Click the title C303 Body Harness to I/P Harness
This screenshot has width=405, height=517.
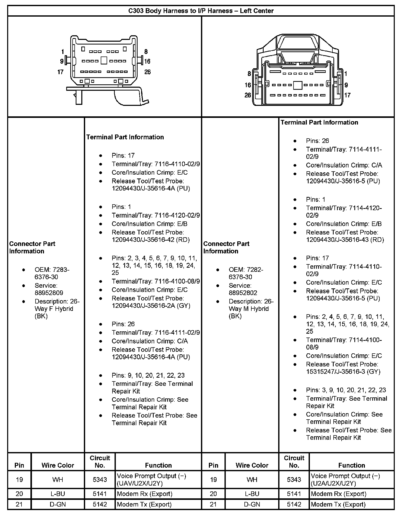click(x=201, y=11)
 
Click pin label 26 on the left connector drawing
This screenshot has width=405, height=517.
click(x=148, y=72)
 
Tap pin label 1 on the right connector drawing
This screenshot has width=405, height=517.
click(x=346, y=74)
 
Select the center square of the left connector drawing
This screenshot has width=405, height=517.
click(x=104, y=61)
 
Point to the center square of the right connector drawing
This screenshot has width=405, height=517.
click(x=297, y=85)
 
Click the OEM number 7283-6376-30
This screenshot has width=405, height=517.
click(x=52, y=273)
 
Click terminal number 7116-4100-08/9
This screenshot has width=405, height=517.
click(x=177, y=281)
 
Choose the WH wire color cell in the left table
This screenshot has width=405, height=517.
click(x=58, y=479)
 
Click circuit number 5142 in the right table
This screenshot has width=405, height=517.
click(x=294, y=504)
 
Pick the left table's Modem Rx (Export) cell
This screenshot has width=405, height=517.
click(x=144, y=494)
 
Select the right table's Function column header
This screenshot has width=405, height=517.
click(x=352, y=465)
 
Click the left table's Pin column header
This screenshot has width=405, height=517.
click(x=19, y=465)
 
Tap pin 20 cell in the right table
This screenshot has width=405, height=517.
click(x=213, y=494)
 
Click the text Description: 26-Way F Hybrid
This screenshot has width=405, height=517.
click(x=57, y=305)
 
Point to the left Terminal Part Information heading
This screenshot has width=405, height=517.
click(x=125, y=137)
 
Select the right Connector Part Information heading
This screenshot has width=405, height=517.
click(x=226, y=247)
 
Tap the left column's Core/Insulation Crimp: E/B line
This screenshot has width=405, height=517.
click(x=149, y=224)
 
